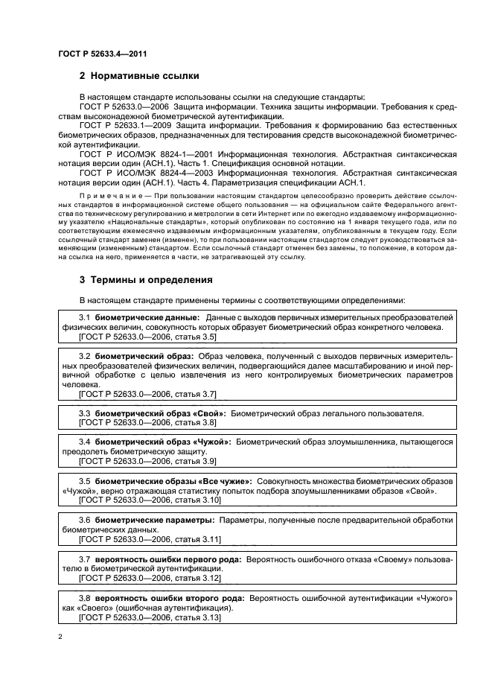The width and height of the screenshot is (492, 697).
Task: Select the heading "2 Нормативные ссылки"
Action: (x=138, y=77)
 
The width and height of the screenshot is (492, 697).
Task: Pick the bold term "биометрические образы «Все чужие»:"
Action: (x=173, y=481)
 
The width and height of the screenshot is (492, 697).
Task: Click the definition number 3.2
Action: (x=85, y=356)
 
